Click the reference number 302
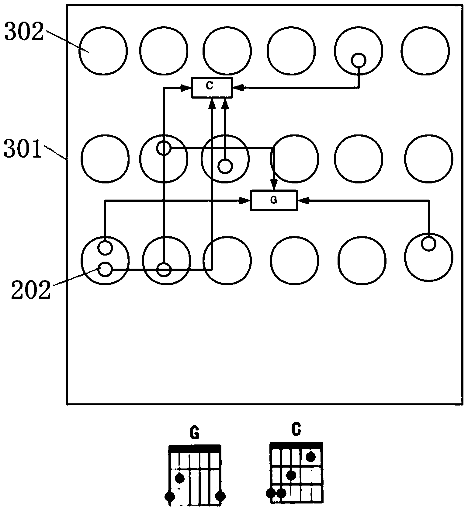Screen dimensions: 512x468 [24, 32]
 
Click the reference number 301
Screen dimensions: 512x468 [23, 148]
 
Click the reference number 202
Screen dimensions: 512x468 [30, 290]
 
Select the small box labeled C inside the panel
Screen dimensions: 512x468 [212, 88]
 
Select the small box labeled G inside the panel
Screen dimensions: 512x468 [273, 200]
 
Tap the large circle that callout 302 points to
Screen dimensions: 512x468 [103, 51]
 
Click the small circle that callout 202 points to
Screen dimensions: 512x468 [105, 269]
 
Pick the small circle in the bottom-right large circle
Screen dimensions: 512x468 [429, 243]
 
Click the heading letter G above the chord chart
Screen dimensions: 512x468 [194, 433]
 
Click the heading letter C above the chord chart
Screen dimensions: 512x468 [296, 429]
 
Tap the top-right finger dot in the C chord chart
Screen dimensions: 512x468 [310, 456]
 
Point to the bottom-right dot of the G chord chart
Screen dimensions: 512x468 [220, 496]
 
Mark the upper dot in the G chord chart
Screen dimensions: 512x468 [180, 478]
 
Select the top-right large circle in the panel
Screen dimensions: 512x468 [425, 51]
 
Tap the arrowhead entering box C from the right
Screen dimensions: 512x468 [237, 88]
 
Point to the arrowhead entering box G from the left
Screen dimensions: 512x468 [245, 200]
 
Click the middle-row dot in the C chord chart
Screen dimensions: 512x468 [291, 475]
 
